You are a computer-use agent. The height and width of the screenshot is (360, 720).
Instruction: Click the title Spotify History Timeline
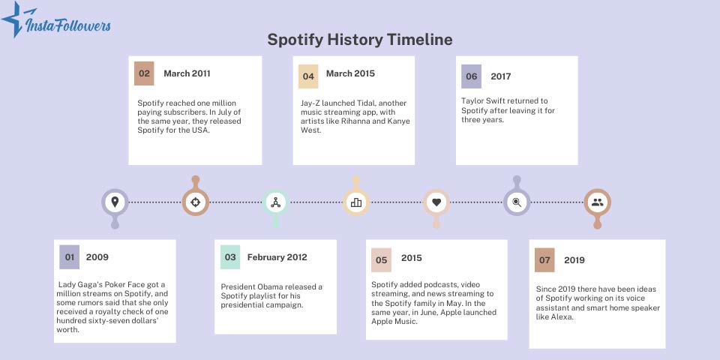pos(360,39)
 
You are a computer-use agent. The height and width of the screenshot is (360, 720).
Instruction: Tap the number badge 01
pos(70,256)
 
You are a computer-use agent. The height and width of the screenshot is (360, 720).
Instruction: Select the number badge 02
pos(144,73)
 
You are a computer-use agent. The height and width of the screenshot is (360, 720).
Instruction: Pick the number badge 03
pos(230,256)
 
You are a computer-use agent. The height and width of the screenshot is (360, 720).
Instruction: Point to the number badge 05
pos(382,259)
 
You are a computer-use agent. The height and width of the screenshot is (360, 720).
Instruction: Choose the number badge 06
pos(472,76)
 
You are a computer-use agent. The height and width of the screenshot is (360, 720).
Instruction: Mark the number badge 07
pos(544,259)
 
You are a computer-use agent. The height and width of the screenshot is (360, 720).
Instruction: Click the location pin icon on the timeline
pos(115,202)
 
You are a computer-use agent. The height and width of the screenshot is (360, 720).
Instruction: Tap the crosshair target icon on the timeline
pos(195,202)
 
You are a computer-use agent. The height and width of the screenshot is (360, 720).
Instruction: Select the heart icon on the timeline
pos(436,202)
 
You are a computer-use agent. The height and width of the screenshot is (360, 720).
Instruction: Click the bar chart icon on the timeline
pos(356,202)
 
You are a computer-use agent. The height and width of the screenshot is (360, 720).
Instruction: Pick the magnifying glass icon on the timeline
pos(517,202)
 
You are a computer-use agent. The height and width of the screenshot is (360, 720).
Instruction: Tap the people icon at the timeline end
pos(597,202)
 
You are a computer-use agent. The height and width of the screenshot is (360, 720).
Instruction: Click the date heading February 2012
pos(277,257)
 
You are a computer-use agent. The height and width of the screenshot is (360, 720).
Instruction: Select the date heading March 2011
pos(187,73)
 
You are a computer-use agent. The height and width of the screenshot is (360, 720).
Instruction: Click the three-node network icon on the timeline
pos(275,202)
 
